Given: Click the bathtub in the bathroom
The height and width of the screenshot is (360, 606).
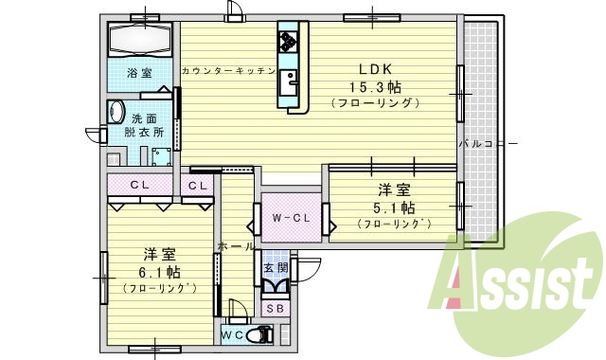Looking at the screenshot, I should tap(139, 41).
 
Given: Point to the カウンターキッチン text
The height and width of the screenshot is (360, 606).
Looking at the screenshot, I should tap(226, 71).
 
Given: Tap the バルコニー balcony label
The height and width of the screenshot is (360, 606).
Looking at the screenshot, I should tap(488, 144).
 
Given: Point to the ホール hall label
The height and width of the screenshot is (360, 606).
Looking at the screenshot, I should tap(236, 246).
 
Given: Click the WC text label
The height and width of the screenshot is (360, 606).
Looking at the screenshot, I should tap(233, 334).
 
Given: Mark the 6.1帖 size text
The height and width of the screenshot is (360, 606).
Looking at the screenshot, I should tap(159, 273).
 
